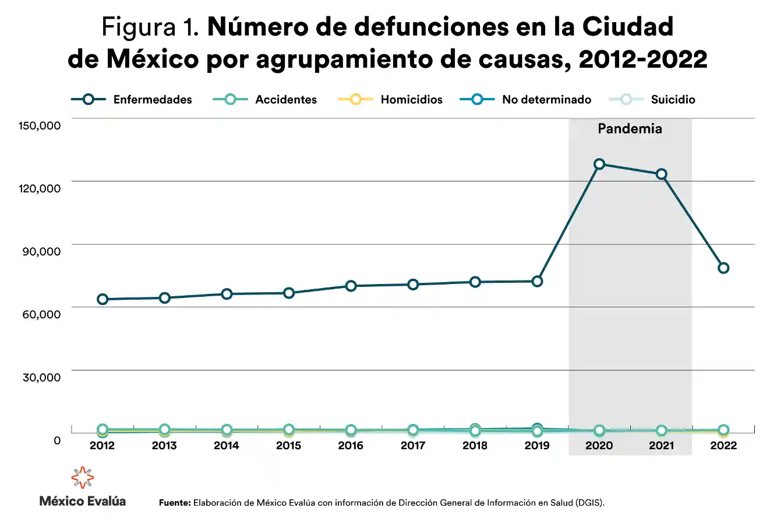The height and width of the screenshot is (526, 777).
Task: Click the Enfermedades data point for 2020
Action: pos(599,164)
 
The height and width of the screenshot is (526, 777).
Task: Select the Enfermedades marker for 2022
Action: pos(723,268)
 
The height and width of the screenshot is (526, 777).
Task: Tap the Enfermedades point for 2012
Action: pos(103,299)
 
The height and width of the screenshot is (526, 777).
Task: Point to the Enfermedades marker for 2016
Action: pos(351,286)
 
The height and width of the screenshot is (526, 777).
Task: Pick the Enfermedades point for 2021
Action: pos(662,174)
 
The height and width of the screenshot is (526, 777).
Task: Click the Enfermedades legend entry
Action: pos(132,100)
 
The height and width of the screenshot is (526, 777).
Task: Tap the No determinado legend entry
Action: pos(525,100)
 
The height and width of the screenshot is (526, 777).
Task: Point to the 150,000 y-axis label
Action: pos(41,125)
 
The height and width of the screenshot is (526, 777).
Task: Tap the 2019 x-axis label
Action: pos(537,446)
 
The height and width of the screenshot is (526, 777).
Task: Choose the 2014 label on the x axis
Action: pos(227,446)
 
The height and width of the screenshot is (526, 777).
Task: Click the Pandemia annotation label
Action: pos(630,129)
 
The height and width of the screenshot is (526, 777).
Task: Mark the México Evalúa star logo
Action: pos(82,478)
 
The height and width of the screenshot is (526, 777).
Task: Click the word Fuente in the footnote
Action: pos(175,503)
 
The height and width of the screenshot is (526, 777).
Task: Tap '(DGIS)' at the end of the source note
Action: pos(589,503)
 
